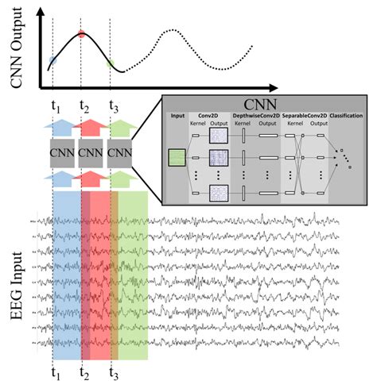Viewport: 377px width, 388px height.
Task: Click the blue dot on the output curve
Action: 52,60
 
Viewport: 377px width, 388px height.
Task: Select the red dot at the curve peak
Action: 81,34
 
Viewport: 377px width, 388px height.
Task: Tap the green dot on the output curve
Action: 110,61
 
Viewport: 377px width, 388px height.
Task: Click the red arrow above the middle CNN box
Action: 90,127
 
